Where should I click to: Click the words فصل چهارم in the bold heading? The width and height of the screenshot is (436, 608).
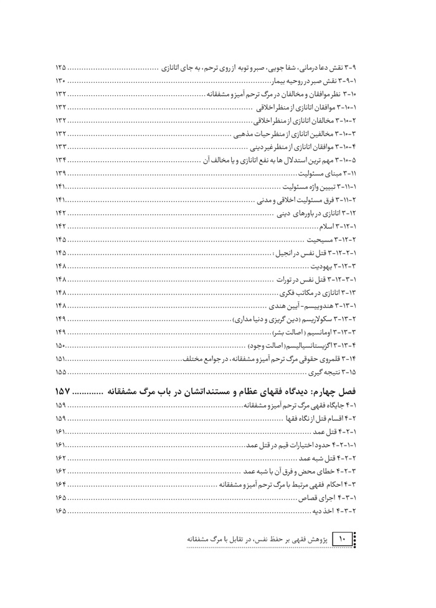pos(348,391)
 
